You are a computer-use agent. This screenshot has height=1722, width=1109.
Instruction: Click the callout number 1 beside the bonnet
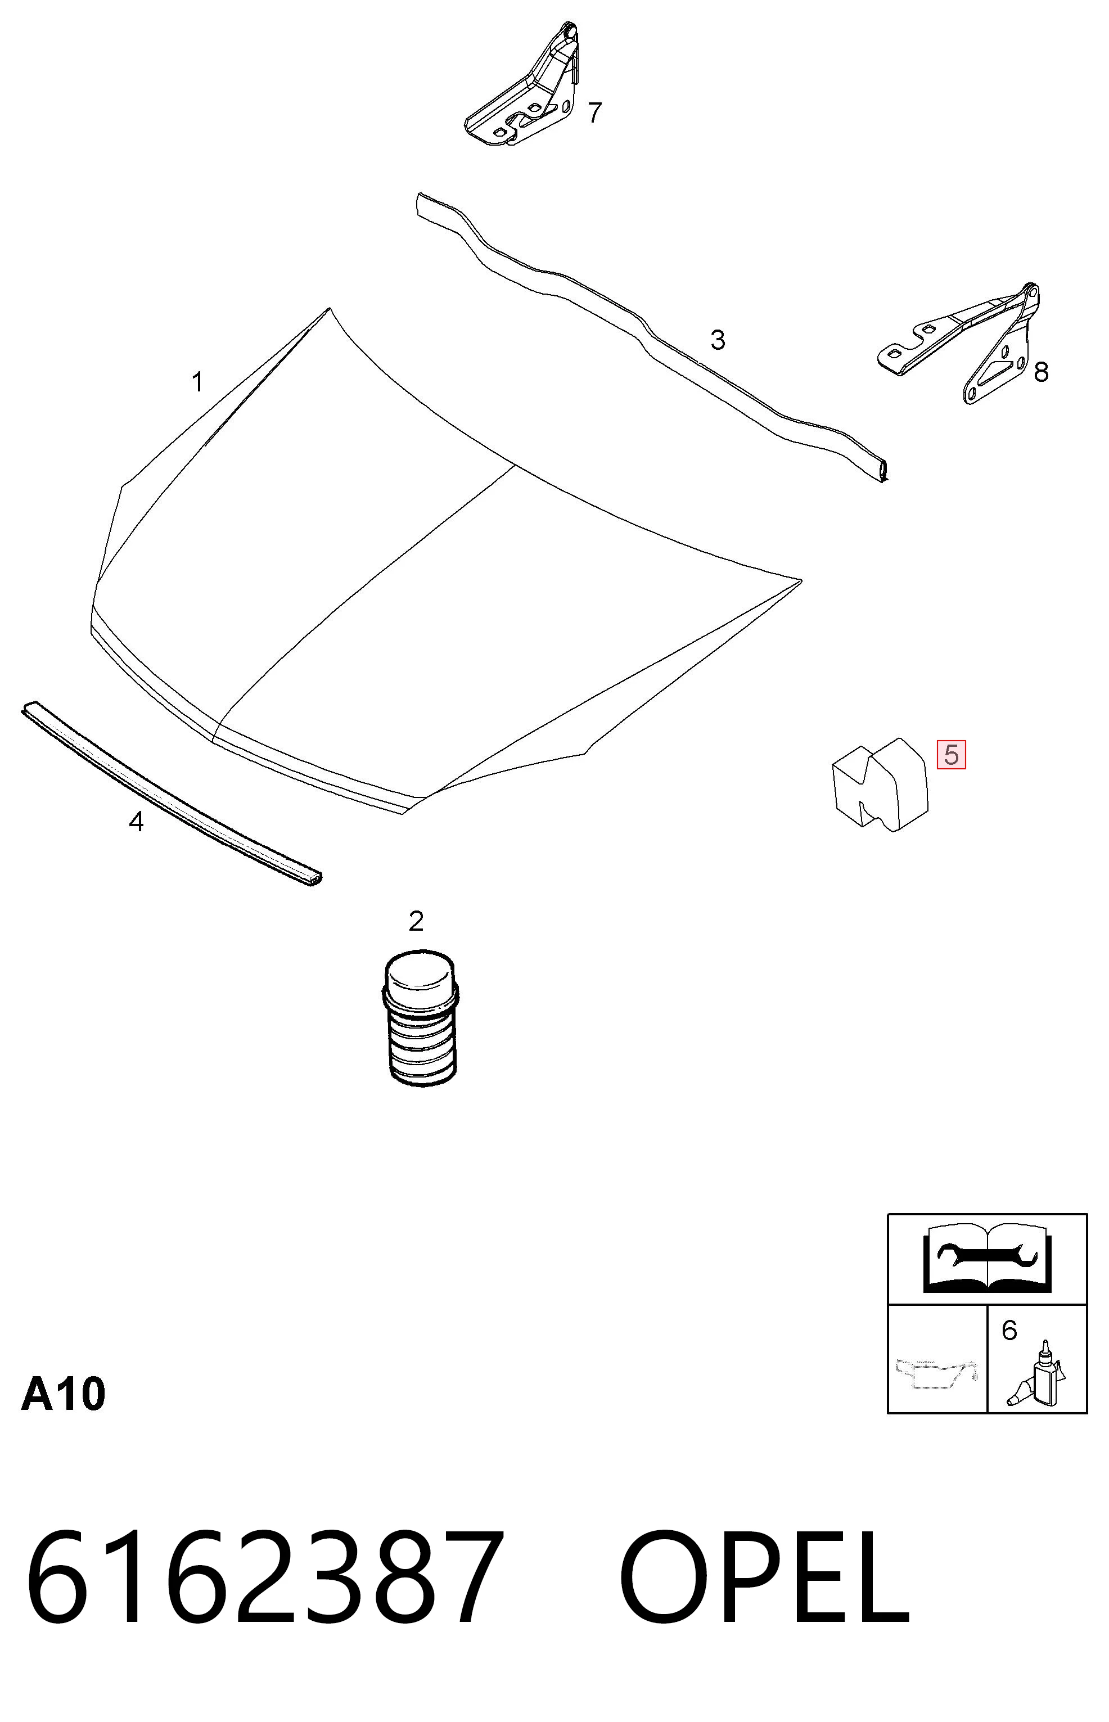tap(197, 382)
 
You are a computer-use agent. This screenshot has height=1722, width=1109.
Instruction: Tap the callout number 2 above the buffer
tap(416, 921)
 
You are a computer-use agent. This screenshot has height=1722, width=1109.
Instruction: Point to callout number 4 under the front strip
tap(136, 821)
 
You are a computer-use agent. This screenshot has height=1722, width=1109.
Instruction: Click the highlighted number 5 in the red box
tap(952, 755)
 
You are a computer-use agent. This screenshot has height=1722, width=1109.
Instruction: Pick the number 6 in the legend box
tap(1009, 1330)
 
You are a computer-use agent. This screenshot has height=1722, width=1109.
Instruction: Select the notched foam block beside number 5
tap(880, 785)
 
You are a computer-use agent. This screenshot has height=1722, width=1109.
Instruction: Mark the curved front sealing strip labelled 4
tap(172, 793)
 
